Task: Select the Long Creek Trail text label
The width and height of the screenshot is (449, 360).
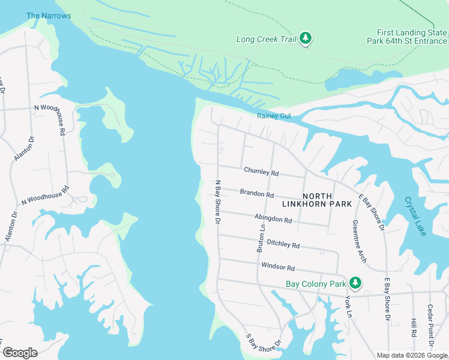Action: (267, 40)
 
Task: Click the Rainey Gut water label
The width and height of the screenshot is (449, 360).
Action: (274, 116)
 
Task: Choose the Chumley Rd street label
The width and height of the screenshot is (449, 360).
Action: (261, 172)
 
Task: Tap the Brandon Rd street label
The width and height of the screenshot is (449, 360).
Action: (257, 194)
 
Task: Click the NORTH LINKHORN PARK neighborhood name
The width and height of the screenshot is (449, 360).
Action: (327, 200)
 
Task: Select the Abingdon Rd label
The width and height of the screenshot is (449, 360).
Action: (273, 219)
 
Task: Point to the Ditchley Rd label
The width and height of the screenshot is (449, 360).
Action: (283, 244)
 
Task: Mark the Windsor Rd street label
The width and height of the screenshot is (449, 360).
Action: (278, 266)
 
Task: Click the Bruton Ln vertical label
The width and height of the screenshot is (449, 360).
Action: (261, 238)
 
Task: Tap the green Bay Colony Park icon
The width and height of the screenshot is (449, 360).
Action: (355, 282)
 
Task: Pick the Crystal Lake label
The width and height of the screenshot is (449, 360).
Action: (415, 216)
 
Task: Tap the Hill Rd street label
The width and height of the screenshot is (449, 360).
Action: (414, 327)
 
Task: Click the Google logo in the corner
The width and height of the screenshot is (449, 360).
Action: (20, 352)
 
